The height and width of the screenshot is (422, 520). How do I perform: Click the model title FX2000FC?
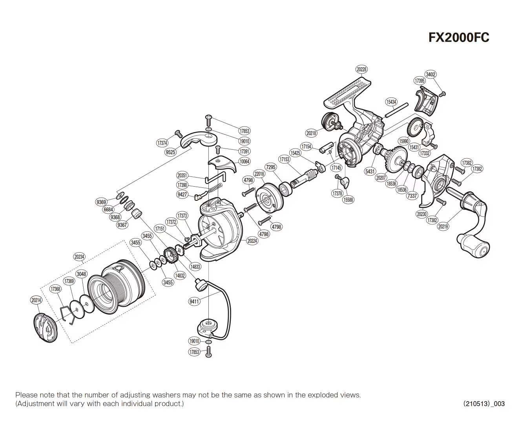tap(458, 37)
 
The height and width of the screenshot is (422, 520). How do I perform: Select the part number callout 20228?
tap(361, 69)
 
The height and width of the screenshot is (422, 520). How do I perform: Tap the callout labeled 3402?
tap(431, 74)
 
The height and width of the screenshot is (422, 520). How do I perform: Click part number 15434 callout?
tap(391, 102)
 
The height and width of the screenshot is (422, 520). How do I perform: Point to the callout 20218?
tap(311, 133)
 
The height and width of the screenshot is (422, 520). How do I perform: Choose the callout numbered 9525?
tap(171, 152)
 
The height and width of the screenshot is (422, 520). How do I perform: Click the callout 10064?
tap(244, 161)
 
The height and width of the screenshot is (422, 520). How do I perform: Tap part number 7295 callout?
tap(271, 167)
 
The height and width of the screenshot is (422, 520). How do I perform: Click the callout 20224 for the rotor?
tap(252, 241)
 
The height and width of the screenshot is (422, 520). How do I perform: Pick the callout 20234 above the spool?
tap(79, 257)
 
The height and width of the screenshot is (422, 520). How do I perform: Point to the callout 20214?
tap(36, 300)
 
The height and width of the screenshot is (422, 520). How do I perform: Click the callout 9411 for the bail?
tap(194, 301)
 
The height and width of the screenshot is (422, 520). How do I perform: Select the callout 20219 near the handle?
tap(443, 226)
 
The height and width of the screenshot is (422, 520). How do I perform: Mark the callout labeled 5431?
tap(370, 171)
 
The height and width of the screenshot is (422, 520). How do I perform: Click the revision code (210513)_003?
tap(484, 404)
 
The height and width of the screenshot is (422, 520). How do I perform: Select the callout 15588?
tap(348, 200)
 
